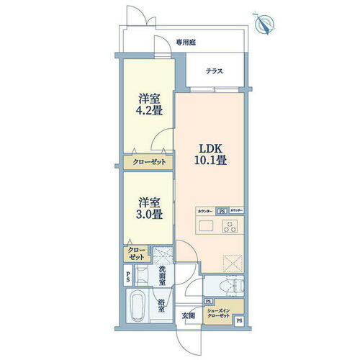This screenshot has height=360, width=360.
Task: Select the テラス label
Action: (x=213, y=71)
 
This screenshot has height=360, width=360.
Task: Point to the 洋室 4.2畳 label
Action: (x=148, y=107)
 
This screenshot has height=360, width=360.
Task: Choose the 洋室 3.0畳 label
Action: (x=148, y=207)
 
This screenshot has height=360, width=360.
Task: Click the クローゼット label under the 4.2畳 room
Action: (x=148, y=163)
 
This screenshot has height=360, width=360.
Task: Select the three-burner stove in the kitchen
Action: (x=231, y=227)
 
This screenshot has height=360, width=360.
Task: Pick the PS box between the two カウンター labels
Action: (x=222, y=211)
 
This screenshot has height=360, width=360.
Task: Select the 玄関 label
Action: (x=189, y=314)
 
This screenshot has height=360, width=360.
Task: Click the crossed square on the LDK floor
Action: (x=231, y=262)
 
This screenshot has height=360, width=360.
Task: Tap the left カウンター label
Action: (x=205, y=211)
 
